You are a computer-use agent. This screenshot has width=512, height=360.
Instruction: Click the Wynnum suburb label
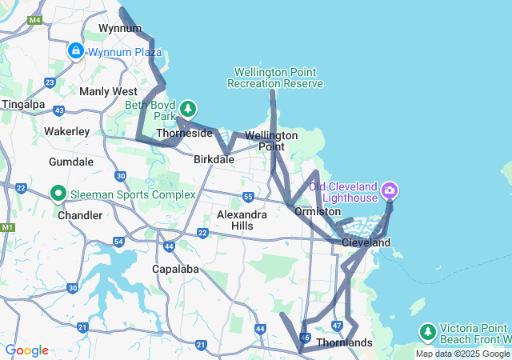(114, 28)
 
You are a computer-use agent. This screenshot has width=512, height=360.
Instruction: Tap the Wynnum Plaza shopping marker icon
(76, 51)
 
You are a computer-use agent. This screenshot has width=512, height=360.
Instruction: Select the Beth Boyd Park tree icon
(188, 107)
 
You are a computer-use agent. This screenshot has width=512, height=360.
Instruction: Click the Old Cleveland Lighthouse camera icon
(390, 190)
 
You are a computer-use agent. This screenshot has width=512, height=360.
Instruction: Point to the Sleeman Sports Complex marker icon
(58, 194)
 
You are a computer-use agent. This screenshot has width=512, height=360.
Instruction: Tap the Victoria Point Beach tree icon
(428, 331)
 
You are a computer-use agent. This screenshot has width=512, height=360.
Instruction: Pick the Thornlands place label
(345, 343)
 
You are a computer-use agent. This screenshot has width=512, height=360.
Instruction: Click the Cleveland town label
(366, 242)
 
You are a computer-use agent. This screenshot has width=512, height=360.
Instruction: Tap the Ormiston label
(318, 212)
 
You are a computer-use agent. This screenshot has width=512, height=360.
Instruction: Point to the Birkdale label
(214, 159)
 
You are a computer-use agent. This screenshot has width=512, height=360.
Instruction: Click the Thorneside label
(184, 134)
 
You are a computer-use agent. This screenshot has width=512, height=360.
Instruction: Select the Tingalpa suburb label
(23, 104)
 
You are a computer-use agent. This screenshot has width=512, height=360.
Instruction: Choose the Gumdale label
(71, 161)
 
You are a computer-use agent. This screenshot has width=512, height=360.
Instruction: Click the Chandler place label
(80, 215)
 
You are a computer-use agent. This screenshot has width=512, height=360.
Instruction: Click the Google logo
(26, 350)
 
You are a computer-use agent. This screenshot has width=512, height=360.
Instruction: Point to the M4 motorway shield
(34, 19)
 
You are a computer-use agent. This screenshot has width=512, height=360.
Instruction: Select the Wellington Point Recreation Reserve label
(275, 78)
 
